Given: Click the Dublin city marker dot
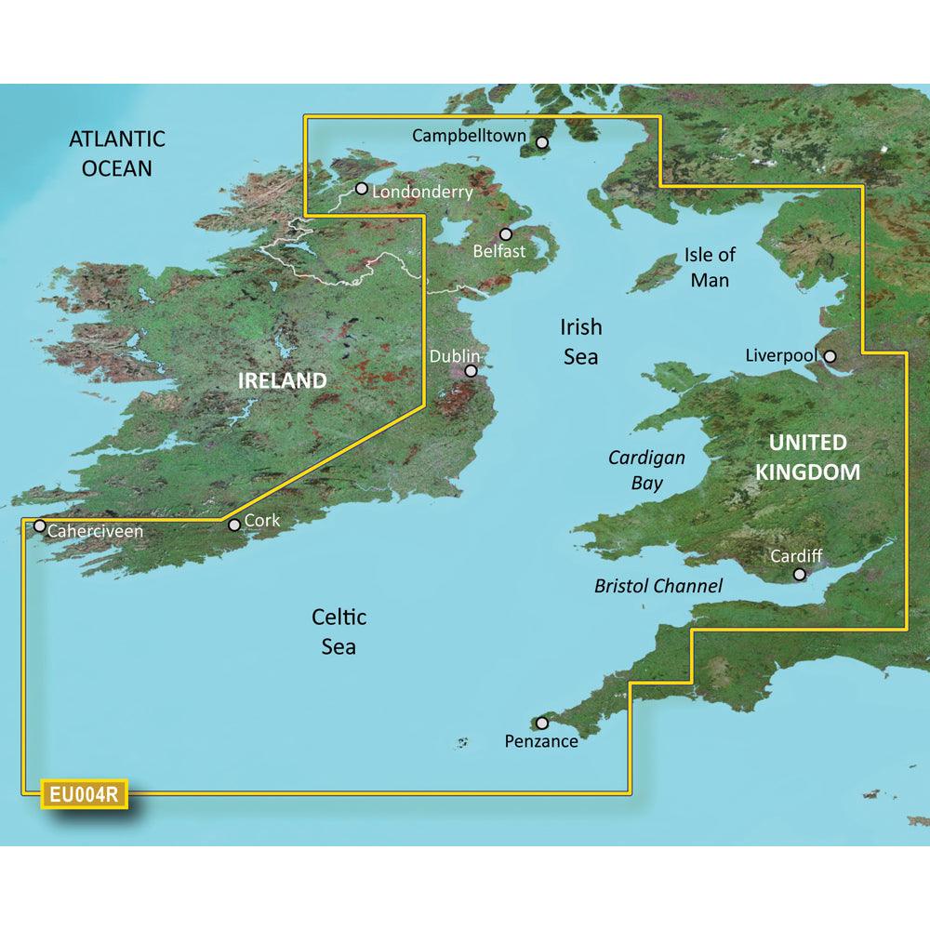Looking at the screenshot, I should click(x=471, y=371).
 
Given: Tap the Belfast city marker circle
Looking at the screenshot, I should click(x=506, y=234).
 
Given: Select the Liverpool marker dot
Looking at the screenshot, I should click(x=829, y=355).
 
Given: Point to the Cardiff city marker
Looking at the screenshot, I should click(x=799, y=575).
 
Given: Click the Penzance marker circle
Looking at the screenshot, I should click(x=542, y=723).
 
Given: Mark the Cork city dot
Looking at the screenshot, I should click(x=234, y=525).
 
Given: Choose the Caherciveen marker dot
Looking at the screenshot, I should click(x=40, y=525).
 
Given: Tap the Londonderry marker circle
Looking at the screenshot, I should click(x=361, y=188).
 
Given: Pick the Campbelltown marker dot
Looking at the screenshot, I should click(x=541, y=142).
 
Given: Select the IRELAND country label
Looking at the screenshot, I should click(x=283, y=380).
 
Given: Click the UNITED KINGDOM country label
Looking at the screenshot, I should click(x=807, y=458).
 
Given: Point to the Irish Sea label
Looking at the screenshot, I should click(x=580, y=341).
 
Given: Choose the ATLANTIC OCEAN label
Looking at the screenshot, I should click(x=117, y=153).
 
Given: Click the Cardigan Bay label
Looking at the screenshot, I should click(x=646, y=470).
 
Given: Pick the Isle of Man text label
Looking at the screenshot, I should click(x=709, y=266).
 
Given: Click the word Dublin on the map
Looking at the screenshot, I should click(x=455, y=356).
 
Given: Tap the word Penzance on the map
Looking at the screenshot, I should click(x=541, y=741).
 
